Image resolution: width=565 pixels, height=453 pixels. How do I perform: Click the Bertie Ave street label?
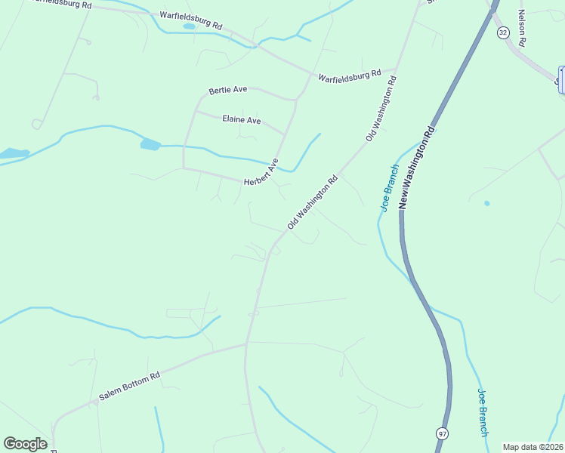point(228,90)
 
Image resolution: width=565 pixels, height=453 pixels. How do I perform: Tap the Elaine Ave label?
point(241,119)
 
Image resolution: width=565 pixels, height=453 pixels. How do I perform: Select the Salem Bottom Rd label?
point(129,387)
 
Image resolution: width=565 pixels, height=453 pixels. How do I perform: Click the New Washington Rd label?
point(417,167)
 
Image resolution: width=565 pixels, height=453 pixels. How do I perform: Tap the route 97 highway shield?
point(441,433)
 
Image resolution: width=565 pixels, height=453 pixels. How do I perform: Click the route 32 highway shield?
point(503,32)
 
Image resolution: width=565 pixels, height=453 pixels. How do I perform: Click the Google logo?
point(25,444)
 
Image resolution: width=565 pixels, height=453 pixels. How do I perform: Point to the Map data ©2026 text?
point(533,447)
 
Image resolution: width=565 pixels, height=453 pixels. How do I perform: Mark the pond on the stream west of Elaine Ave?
point(150,144)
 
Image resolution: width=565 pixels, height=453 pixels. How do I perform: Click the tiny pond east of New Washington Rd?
point(486,203)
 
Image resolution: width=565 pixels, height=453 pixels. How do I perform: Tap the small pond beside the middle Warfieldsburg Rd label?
point(189,26)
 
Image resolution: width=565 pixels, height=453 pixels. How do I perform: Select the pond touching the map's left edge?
point(13,153)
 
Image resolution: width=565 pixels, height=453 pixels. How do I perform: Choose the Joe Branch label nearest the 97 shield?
point(483,412)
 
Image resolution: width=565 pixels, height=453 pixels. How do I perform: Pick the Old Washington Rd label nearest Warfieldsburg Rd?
point(381,108)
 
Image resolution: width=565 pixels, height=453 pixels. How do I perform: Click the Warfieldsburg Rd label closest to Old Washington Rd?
point(349,76)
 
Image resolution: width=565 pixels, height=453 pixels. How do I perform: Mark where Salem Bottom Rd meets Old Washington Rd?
point(246,344)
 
